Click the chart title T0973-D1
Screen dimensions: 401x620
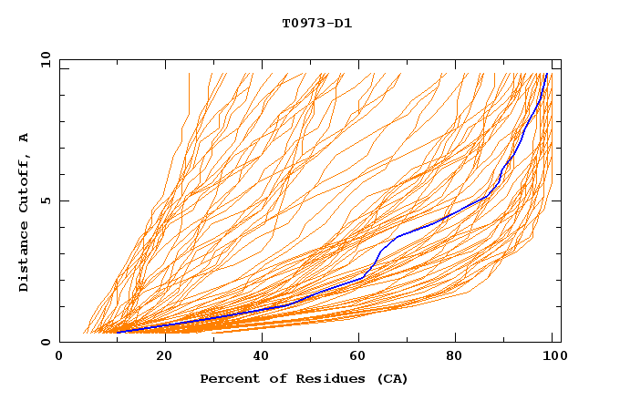pyautogui.click(x=316, y=23)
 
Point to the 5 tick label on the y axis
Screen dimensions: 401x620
pyautogui.click(x=45, y=200)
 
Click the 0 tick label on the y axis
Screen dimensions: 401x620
pyautogui.click(x=45, y=342)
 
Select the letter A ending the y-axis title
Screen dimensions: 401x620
pyautogui.click(x=24, y=138)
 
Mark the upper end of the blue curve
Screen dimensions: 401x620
pyautogui.click(x=546, y=74)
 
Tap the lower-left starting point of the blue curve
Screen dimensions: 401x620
pyautogui.click(x=117, y=332)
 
